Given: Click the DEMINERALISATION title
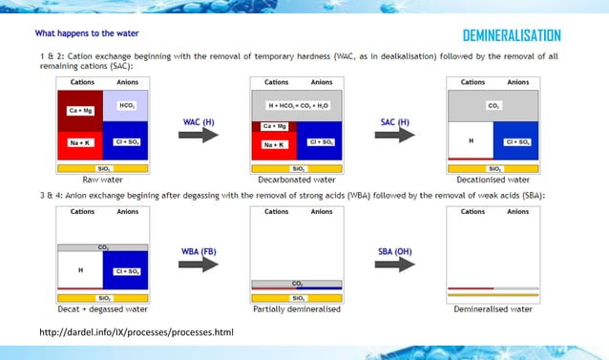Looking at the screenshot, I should coord(511,36).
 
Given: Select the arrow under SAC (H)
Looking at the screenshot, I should coord(392,135).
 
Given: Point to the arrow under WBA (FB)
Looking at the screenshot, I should coord(199,264).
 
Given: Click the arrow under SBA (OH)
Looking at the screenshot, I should coord(392,264).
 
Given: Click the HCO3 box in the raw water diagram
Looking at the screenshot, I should coord(126,105).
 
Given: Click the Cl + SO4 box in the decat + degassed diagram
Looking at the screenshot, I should coord(126,270).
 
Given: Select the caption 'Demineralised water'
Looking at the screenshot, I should coord(493,309).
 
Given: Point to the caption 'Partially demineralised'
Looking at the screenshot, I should coord(297,309).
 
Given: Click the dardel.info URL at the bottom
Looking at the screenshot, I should coord(136,332).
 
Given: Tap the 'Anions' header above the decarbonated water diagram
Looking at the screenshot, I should coord(322,82).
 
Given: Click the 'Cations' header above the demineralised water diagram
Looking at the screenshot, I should coord(472,211).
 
